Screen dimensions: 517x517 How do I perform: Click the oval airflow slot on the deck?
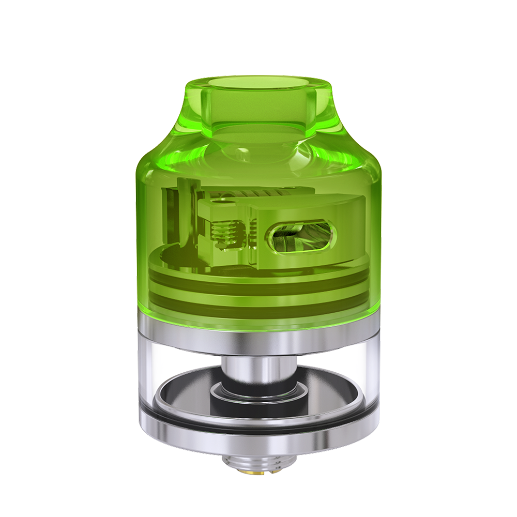[x=298, y=239]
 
